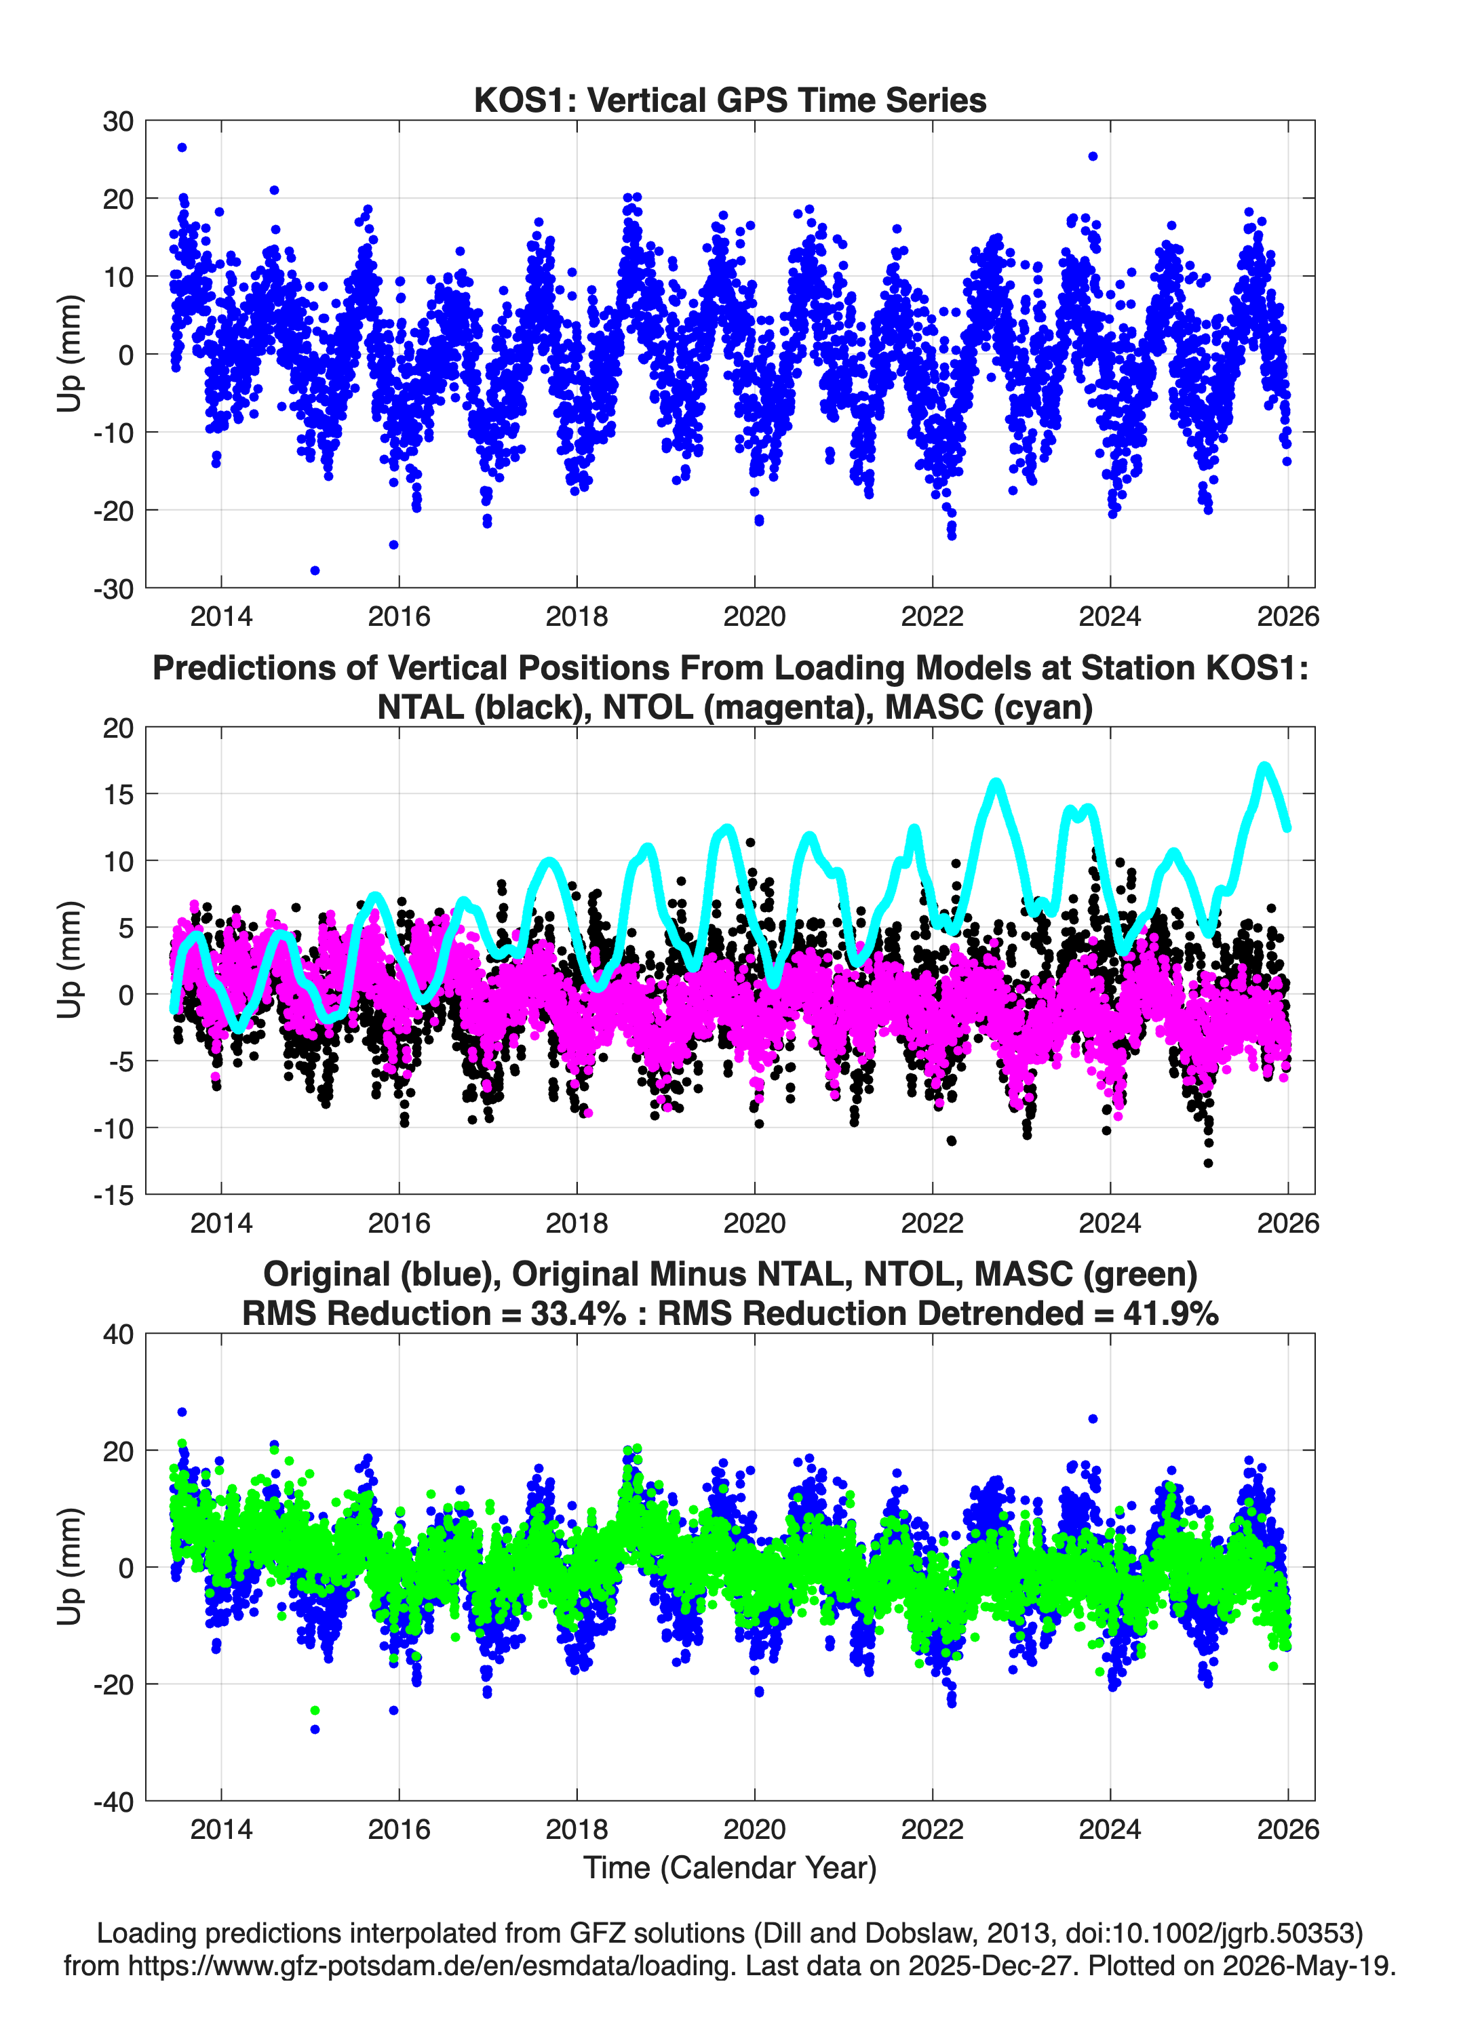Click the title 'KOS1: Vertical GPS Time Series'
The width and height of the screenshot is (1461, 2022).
[730, 100]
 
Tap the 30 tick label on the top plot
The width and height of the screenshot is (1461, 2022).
[118, 121]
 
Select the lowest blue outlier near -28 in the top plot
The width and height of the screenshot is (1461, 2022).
[315, 570]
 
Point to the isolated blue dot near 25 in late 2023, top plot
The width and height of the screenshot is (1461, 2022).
[1093, 156]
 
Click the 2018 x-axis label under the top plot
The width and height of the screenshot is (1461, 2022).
[577, 616]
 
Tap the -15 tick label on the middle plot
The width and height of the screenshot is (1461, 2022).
[113, 1195]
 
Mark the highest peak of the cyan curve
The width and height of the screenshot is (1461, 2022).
[1264, 766]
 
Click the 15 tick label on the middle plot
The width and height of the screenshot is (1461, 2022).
[118, 795]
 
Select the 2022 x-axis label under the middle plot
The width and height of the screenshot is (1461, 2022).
[932, 1223]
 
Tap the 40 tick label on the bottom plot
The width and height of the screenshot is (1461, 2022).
[118, 1334]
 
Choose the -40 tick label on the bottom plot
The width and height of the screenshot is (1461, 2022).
[113, 1802]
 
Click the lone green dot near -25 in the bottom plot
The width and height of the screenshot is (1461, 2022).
[315, 1711]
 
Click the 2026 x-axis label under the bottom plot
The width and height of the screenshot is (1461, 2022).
[1288, 1829]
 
